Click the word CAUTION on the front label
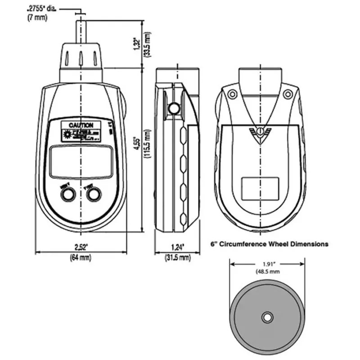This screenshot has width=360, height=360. pos(81,125)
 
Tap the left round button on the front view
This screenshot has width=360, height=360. pos(68,194)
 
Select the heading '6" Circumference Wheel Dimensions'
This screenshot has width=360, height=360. pos(270,244)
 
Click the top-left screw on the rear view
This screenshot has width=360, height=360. pos(232,94)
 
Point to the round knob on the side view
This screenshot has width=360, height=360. pos(173,108)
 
